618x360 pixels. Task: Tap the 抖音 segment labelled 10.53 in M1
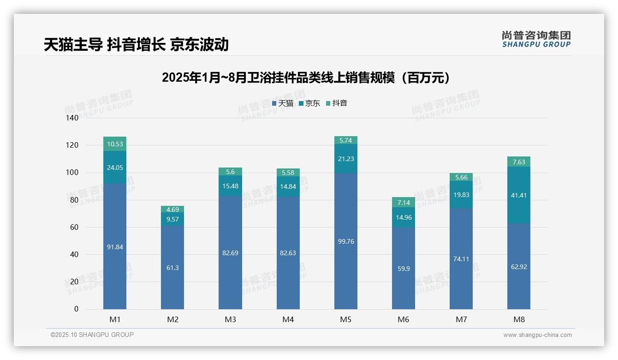point(115,144)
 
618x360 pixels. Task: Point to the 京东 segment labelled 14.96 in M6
point(404,217)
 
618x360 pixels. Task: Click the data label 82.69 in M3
point(230,253)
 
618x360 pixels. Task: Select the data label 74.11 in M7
point(461,259)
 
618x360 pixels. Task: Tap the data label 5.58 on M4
point(288,173)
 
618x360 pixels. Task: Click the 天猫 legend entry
point(283,103)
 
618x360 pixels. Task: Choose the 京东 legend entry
point(309,103)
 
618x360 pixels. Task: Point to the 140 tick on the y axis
point(72,118)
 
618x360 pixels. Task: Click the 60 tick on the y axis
point(74,227)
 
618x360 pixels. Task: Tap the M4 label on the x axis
point(288,319)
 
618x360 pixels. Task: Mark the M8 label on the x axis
point(518,319)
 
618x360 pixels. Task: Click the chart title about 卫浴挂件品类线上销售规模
point(306,78)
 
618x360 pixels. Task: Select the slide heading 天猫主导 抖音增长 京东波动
point(136,44)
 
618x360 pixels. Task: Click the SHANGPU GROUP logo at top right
point(536,39)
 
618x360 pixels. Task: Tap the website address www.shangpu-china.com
point(537,335)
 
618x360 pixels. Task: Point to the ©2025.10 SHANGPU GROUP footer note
point(92,335)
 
